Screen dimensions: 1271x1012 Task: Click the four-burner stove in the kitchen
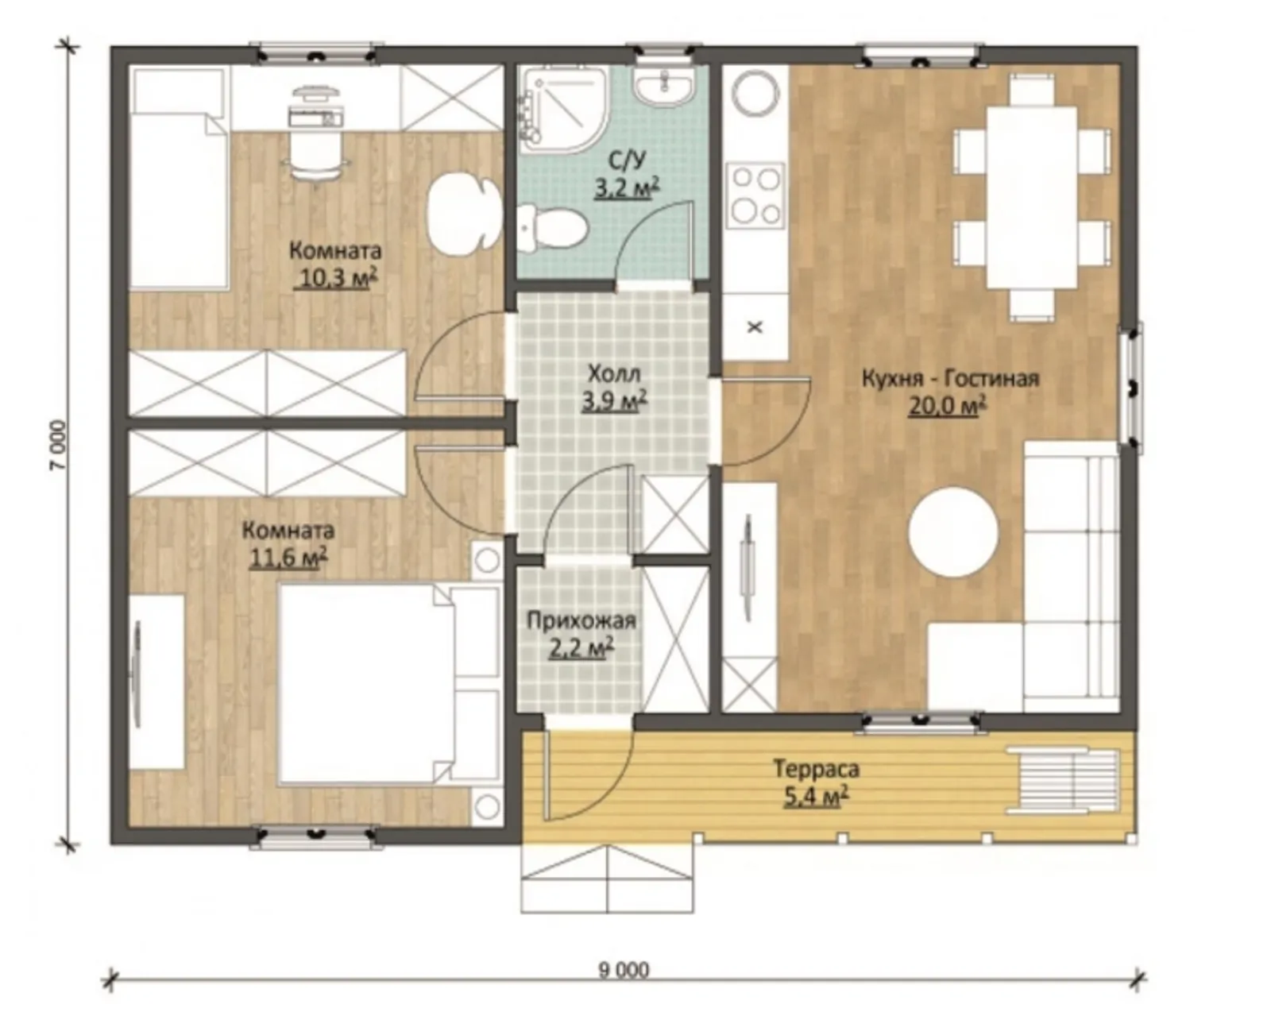756,195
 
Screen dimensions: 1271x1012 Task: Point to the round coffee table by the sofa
952,531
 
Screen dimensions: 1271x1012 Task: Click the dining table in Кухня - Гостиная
1032,197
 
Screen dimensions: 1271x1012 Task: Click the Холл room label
614,374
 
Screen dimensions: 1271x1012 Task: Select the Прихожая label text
581,621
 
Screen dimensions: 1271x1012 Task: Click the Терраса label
817,769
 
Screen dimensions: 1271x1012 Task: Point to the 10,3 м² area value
335,278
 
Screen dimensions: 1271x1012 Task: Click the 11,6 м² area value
288,558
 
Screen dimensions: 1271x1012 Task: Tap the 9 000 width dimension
624,971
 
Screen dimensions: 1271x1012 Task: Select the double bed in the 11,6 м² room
388,683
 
